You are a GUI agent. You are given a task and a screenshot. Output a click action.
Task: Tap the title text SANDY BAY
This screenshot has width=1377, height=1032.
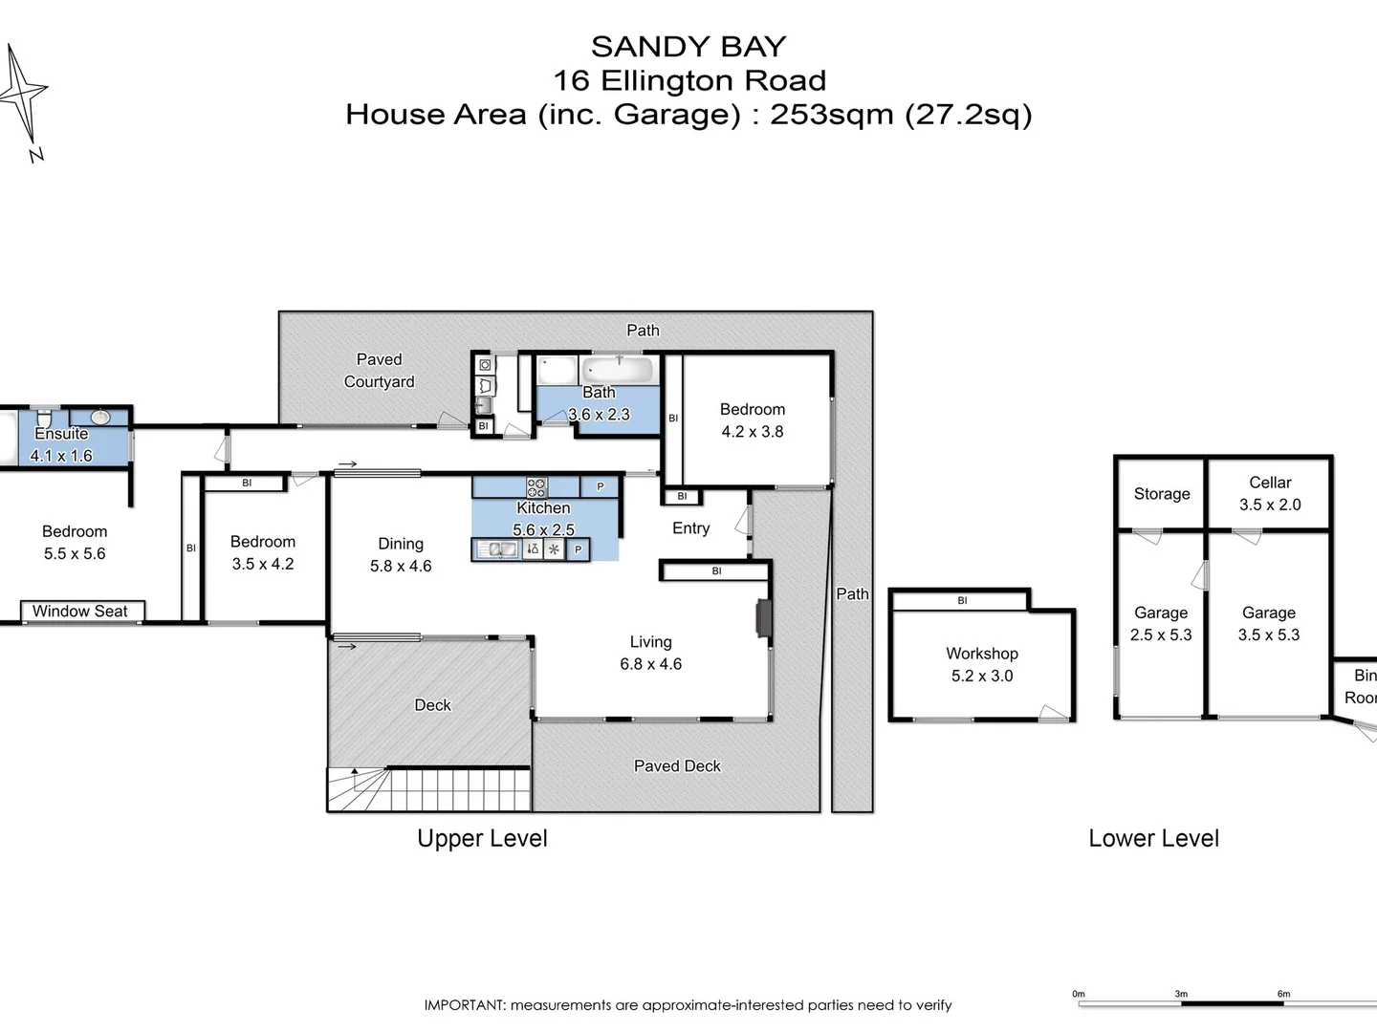click(x=688, y=47)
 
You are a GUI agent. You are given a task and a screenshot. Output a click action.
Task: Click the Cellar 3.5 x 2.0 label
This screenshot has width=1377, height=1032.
click(x=1269, y=494)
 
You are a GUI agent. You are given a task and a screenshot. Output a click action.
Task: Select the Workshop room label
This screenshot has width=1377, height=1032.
click(x=981, y=654)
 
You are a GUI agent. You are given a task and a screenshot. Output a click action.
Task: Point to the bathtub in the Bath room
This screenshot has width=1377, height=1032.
click(x=619, y=369)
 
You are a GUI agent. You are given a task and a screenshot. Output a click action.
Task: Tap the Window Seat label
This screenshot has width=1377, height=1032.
click(x=80, y=612)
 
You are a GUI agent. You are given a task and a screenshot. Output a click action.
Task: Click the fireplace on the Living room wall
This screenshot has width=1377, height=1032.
click(x=761, y=618)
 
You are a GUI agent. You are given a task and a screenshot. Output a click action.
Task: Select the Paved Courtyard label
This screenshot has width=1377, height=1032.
click(x=380, y=371)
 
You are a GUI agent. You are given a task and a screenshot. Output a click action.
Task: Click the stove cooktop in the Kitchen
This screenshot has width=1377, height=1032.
click(x=536, y=485)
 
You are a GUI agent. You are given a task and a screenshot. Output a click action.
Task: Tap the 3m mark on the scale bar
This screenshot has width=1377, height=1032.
click(x=1181, y=994)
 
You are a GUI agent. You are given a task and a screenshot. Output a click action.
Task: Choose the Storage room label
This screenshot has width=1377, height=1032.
click(x=1162, y=494)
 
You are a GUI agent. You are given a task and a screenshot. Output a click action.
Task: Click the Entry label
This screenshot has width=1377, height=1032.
click(x=690, y=528)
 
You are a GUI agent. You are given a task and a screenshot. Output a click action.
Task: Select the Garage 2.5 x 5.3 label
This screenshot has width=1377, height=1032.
click(x=1161, y=624)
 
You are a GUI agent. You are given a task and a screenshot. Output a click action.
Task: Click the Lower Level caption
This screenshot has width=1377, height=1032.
click(x=1153, y=839)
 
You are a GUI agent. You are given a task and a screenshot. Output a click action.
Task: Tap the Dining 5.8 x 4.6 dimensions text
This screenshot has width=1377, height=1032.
click(x=401, y=567)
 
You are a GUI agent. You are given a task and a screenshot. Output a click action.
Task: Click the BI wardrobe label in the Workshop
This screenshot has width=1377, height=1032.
click(x=962, y=601)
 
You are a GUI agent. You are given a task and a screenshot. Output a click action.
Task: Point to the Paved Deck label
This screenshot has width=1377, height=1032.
click(x=677, y=766)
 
